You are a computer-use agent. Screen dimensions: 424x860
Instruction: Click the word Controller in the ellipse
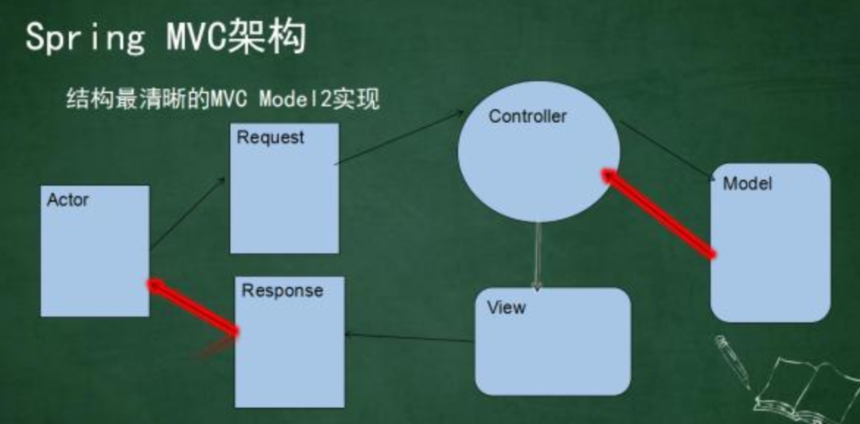click(527, 117)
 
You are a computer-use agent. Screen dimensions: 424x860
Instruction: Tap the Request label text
click(270, 137)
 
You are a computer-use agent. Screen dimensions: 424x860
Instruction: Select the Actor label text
click(68, 201)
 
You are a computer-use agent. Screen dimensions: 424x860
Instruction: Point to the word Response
click(282, 290)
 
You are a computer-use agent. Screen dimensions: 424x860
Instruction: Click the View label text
click(506, 307)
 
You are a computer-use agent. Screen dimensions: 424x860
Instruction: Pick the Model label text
click(747, 184)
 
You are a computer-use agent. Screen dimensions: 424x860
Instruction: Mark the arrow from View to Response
click(409, 338)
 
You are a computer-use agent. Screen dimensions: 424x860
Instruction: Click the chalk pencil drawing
click(732, 362)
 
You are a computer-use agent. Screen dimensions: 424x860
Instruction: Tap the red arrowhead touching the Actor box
click(155, 285)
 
